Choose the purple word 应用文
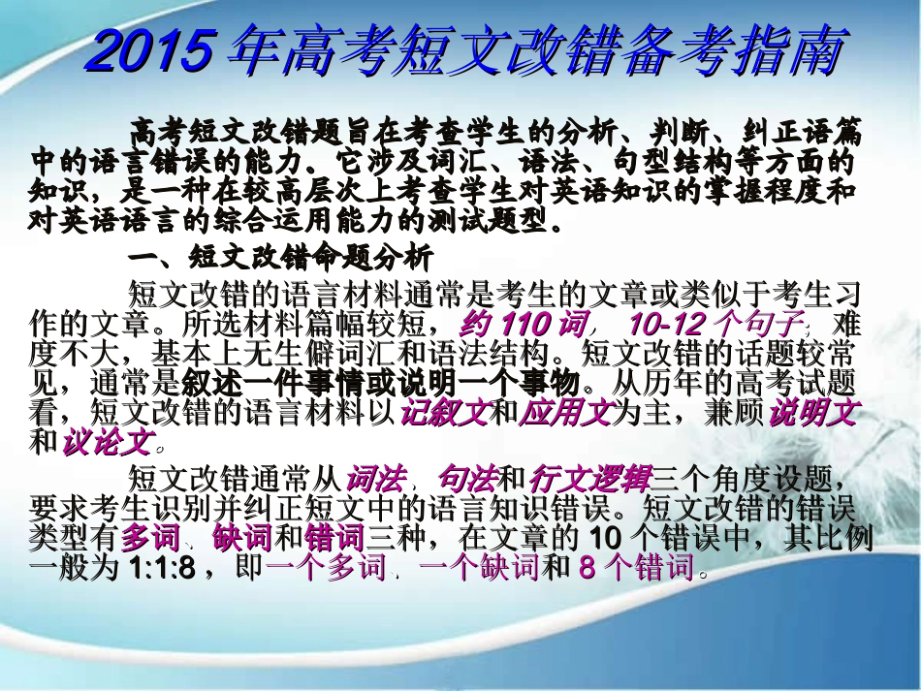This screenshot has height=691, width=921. tap(566, 413)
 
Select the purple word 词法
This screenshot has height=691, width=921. tap(372, 477)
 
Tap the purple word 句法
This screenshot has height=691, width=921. tap(466, 477)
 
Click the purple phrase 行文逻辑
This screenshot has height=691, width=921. tap(590, 477)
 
